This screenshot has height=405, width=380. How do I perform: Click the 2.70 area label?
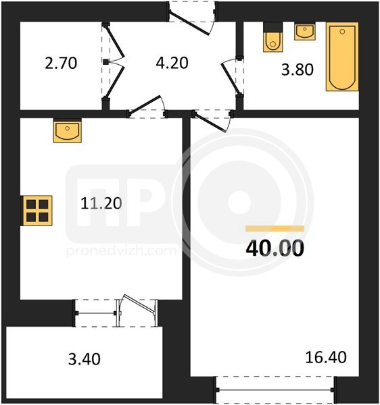pos(61,63)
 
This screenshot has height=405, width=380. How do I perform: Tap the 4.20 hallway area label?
pos(172,63)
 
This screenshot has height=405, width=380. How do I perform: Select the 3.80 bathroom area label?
pos(298,70)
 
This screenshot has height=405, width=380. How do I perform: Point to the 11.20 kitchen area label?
pos(101,203)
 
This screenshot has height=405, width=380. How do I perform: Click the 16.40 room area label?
pos(326,358)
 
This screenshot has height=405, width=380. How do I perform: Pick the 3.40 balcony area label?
pos(85,359)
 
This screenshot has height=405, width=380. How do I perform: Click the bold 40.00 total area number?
pos(275,248)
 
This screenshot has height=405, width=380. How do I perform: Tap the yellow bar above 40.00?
pos(275,229)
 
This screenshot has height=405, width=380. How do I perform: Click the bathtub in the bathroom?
pos(342,57)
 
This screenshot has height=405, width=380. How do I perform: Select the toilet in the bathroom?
pos(273,37)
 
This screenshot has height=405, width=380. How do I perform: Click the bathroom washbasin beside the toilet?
pos(305,31)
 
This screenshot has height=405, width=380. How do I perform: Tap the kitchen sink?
pos(68,131)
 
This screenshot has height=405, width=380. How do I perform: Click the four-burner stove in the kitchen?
pos(37,211)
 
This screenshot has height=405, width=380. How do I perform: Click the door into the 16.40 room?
pos(211,122)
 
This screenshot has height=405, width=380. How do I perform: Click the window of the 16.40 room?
pos(275,389)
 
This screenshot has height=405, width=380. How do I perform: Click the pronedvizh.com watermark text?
pos(122,250)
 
